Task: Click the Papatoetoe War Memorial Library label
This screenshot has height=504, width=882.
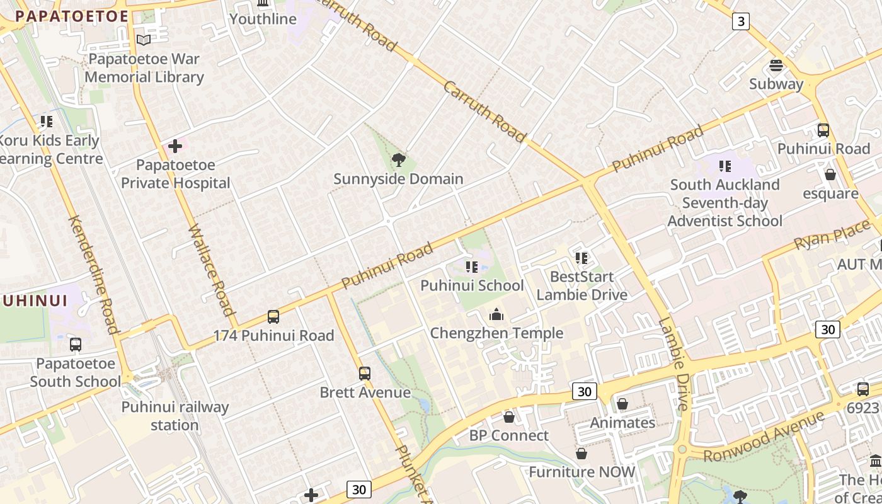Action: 144,68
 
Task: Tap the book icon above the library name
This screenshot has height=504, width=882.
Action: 144,40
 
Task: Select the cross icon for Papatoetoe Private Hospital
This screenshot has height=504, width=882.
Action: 175,147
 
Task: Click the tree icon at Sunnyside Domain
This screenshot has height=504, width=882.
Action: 398,160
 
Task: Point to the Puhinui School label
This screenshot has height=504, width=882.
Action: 472,285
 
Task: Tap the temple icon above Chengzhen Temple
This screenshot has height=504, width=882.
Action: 496,314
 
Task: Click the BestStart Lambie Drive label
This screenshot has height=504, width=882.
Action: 581,285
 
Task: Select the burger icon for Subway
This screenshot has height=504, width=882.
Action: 776,66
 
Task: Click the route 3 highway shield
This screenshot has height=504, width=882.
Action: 740,21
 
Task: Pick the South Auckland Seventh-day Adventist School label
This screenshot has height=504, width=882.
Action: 724,203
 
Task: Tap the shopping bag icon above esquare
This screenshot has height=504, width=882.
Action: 830,175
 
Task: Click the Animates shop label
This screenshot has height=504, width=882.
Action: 622,423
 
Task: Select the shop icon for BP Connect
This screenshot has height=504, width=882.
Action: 509,417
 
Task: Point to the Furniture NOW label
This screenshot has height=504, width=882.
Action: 581,472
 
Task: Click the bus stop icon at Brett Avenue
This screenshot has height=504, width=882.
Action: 365,374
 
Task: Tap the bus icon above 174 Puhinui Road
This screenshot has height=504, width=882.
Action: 273,317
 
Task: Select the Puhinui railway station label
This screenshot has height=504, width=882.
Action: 175,416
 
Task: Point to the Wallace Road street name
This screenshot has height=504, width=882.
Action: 212,270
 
